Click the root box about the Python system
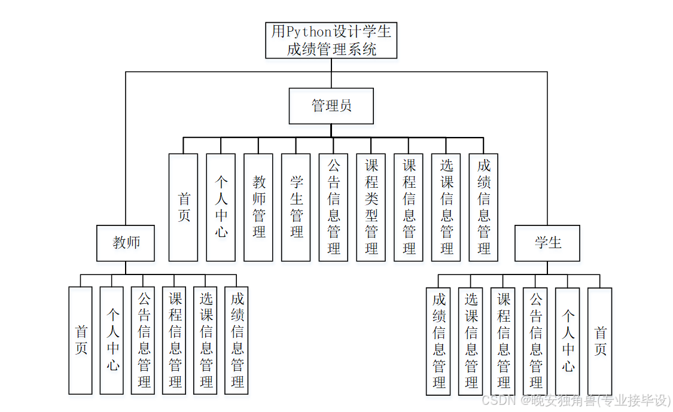331,40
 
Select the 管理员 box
331,106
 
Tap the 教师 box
126,243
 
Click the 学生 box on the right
547,243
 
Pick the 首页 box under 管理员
183,207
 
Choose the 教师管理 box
258,207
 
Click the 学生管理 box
296,207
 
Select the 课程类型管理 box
371,207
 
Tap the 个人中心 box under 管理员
221,207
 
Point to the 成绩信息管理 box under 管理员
484,207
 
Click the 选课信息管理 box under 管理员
446,207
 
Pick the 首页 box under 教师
81,340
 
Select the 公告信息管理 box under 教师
144,340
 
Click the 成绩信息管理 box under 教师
237,340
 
